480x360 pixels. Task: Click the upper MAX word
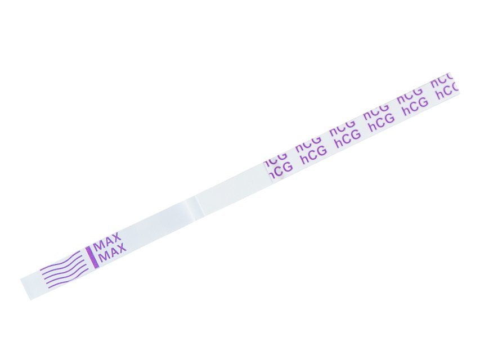pos(107,242)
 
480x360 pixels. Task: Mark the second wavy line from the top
pos(62,264)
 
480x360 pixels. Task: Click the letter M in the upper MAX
pos(98,245)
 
